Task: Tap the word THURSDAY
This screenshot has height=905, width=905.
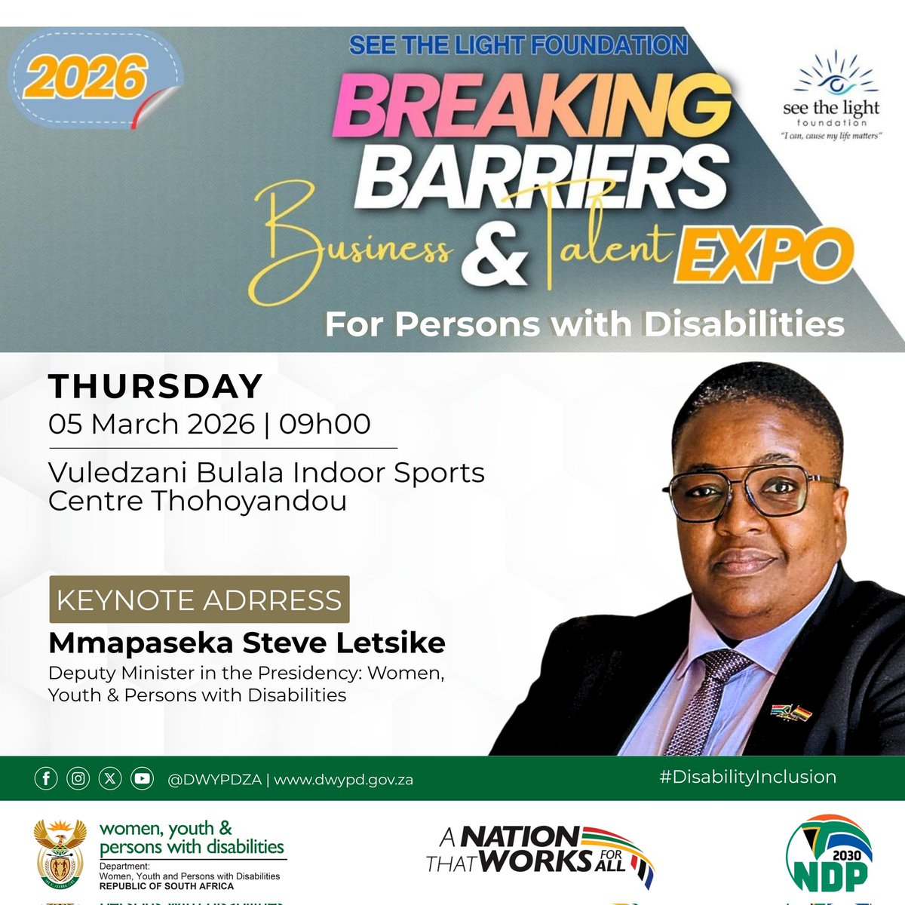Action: [155, 387]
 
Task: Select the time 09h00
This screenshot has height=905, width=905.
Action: [325, 424]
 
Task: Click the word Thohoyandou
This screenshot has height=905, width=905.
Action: [250, 501]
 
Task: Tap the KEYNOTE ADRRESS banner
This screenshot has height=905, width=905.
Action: [199, 600]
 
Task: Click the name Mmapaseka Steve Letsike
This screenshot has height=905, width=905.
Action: [247, 643]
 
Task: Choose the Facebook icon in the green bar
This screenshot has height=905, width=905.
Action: [46, 779]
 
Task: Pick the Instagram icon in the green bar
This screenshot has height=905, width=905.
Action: [78, 779]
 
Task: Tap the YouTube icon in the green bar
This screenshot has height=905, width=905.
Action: [142, 779]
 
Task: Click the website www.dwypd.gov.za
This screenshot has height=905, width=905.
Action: [343, 780]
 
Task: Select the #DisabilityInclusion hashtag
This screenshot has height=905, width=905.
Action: [747, 777]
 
